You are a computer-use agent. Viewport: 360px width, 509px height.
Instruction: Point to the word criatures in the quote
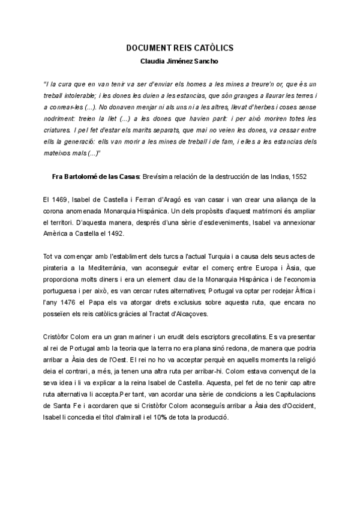pos(59,128)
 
